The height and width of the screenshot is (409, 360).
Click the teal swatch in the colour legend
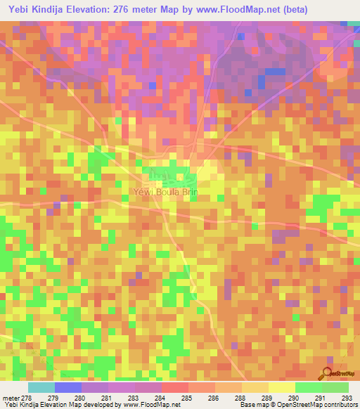point(41,387)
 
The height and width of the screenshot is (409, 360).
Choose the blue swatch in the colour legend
point(68,387)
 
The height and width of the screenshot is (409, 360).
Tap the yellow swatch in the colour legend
point(281,387)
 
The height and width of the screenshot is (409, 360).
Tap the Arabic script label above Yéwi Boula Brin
point(160,175)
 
